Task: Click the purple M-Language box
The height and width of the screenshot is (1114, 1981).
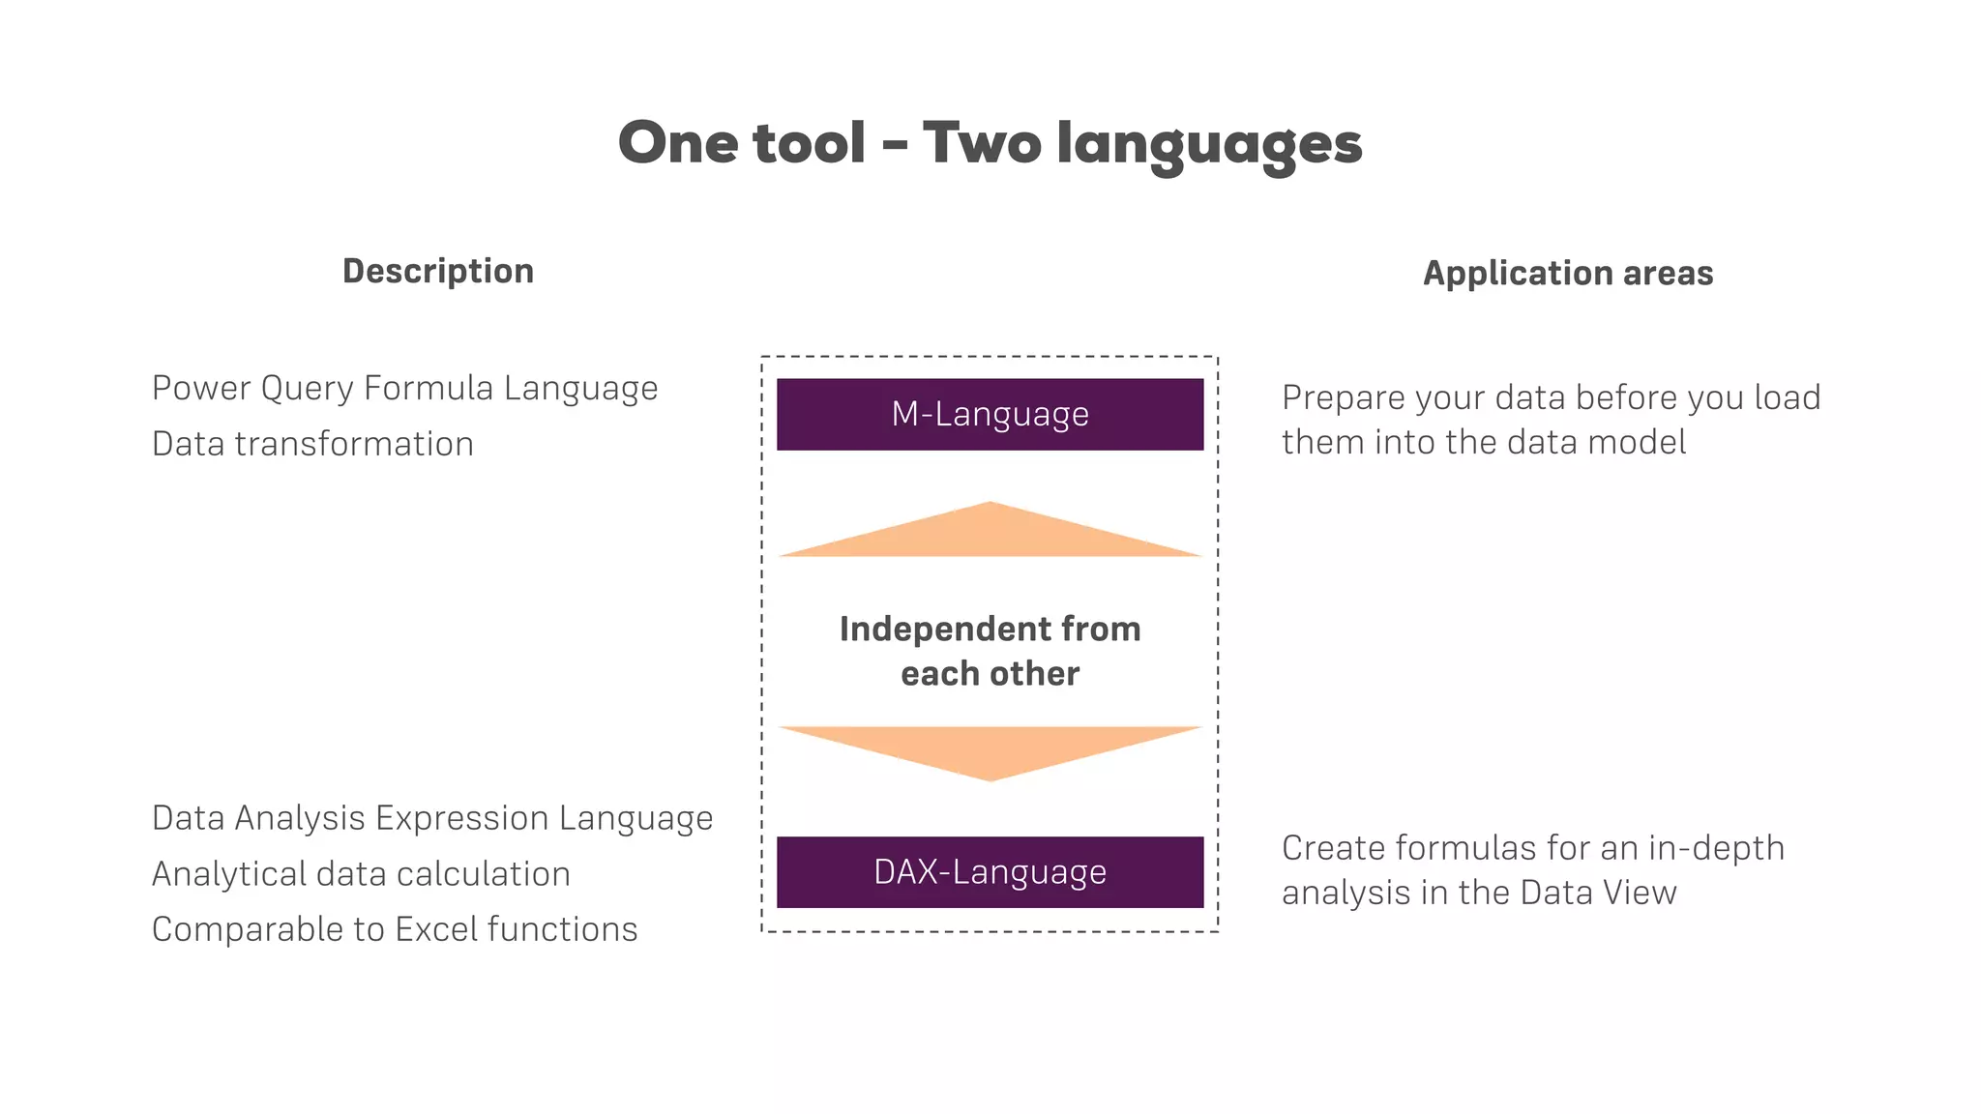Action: (x=990, y=414)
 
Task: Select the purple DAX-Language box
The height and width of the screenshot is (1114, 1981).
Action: (x=990, y=871)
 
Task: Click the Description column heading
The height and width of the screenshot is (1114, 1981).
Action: (x=438, y=271)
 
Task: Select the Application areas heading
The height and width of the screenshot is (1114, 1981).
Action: (x=1567, y=273)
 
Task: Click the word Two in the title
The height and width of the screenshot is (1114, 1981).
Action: (x=981, y=143)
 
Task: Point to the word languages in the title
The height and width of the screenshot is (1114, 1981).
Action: (x=1209, y=145)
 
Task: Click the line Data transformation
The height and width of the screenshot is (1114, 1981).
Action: (x=312, y=444)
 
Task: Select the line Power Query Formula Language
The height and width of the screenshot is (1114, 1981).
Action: (x=404, y=388)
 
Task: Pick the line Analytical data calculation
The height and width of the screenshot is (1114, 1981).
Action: (x=361, y=873)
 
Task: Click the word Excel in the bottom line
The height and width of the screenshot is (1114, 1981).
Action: (x=436, y=928)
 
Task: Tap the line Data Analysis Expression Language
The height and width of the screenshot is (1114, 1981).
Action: (x=431, y=818)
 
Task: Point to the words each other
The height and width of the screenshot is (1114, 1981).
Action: (x=990, y=673)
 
